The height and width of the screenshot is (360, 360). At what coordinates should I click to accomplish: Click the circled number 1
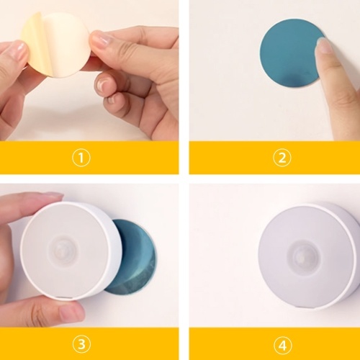(x=81, y=158)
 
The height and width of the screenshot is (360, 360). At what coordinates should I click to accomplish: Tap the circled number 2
(x=282, y=158)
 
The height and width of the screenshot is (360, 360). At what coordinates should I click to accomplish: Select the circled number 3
(x=81, y=345)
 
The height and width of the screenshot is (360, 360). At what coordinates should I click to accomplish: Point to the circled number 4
(x=283, y=346)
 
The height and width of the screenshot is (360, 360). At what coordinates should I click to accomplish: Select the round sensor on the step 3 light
(x=63, y=250)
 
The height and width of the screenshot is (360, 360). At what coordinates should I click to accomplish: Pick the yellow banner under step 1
(x=89, y=158)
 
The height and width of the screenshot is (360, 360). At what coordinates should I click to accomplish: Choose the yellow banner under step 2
(x=274, y=158)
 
